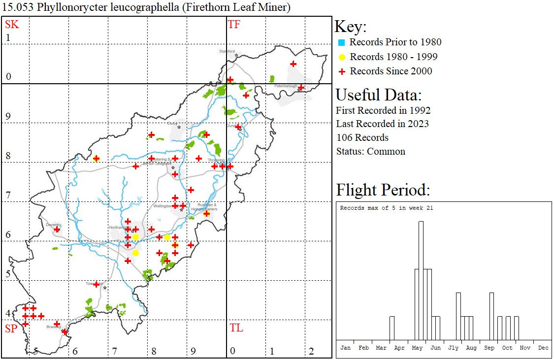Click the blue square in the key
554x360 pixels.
pos(342,42)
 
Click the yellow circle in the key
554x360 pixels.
pos(342,57)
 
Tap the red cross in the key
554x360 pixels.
pos(342,71)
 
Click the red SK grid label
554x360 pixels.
pos(12,25)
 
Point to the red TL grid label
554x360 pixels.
pos(236,328)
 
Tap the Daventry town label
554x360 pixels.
pos(53,225)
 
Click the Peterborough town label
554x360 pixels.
pos(286,86)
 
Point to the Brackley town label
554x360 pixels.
pos(53,327)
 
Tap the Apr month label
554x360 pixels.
pos(399,348)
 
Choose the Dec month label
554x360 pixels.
pos(543,348)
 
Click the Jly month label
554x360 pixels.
pos(453,348)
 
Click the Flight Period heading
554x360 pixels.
pos(383,190)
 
